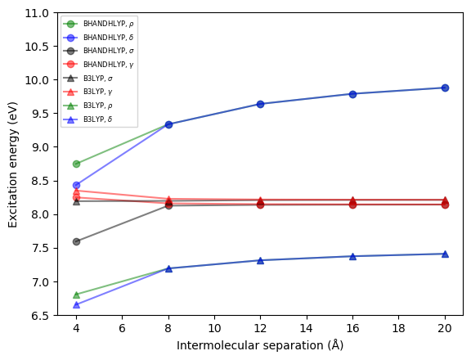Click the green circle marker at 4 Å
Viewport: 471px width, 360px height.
pyautogui.click(x=76, y=164)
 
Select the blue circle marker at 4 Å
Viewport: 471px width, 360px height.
pyautogui.click(x=76, y=185)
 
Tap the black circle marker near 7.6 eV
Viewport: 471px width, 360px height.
pyautogui.click(x=76, y=241)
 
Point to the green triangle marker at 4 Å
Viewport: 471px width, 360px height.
pyautogui.click(x=76, y=295)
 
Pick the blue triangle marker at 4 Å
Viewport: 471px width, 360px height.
pyautogui.click(x=76, y=304)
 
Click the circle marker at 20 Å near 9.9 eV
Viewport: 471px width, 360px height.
pyautogui.click(x=445, y=88)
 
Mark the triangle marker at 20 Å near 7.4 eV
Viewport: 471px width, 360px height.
pyautogui.click(x=445, y=254)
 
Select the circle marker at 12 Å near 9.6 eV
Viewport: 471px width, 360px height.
pyautogui.click(x=260, y=104)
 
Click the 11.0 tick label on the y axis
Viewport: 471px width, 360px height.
pyautogui.click(x=36, y=13)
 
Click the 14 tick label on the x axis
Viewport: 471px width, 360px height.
pyautogui.click(x=307, y=329)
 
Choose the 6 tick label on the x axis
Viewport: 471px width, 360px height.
pyautogui.click(x=122, y=329)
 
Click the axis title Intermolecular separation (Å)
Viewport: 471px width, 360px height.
pyautogui.click(x=260, y=346)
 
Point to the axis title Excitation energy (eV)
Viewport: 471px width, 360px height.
pyautogui.click(x=13, y=164)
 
